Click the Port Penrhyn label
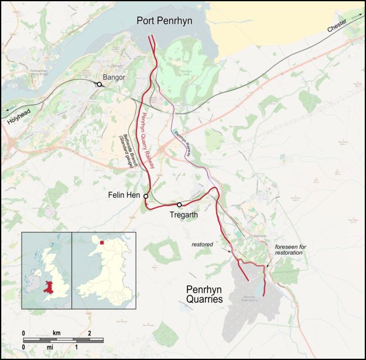coord(165,21)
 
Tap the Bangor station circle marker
coord(100,84)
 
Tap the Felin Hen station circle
coord(146,196)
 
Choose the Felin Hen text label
coord(124,195)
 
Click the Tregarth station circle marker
coord(179,205)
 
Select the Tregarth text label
coord(183,215)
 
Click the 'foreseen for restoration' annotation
coord(290,251)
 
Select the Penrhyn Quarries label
coord(204,294)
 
